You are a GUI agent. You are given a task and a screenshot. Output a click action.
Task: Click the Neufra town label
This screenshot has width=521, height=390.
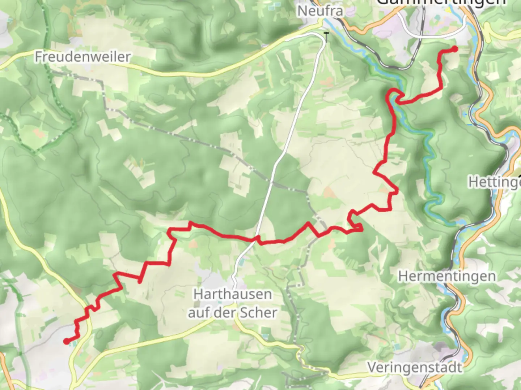pyautogui.click(x=320, y=11)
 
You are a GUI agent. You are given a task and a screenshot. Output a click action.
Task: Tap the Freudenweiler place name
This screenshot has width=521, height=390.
pyautogui.click(x=82, y=57)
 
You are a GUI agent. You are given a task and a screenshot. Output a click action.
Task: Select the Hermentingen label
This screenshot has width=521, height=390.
pyautogui.click(x=447, y=277)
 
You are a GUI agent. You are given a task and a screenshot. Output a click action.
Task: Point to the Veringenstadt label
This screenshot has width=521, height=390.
pyautogui.click(x=415, y=368)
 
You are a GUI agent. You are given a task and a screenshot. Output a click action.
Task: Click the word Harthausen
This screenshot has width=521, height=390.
pyautogui.click(x=233, y=294)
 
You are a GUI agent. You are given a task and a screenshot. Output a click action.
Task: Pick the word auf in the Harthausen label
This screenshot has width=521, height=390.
pyautogui.click(x=199, y=313)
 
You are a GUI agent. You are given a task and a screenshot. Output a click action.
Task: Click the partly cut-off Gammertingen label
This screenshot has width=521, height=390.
pyautogui.click(x=441, y=3)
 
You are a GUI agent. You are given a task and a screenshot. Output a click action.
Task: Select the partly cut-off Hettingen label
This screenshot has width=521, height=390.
pyautogui.click(x=494, y=182)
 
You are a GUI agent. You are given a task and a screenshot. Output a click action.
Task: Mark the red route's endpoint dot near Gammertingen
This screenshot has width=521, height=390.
pyautogui.click(x=454, y=49)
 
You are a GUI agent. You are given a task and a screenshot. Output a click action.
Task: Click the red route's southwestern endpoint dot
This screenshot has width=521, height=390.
pyautogui.click(x=66, y=341)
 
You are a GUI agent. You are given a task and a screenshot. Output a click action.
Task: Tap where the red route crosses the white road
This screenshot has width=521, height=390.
pyautogui.click(x=257, y=239)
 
